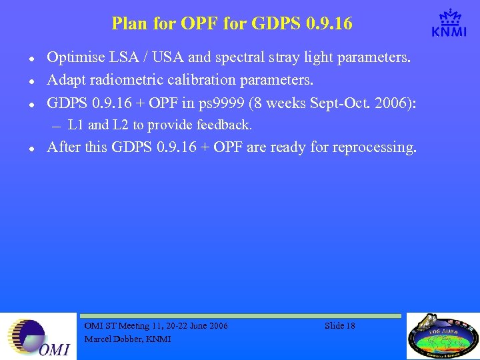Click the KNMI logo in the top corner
tap(449, 24)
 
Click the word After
tap(64, 147)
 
